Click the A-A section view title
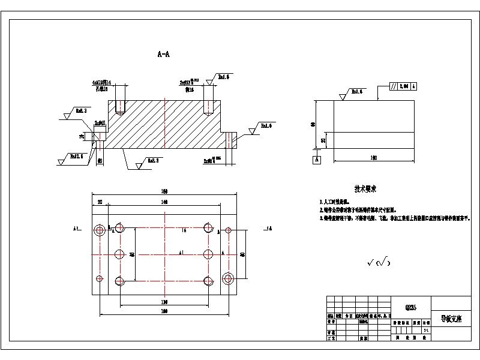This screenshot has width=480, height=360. [x=163, y=55]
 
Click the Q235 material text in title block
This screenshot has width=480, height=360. [x=411, y=308]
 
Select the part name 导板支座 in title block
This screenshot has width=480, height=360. [x=451, y=319]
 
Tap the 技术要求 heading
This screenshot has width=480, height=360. [x=365, y=189]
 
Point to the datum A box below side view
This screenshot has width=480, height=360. [x=316, y=160]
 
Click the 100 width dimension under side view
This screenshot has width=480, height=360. [x=373, y=158]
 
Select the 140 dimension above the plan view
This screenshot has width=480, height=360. [x=163, y=203]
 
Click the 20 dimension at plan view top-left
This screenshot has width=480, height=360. [x=100, y=203]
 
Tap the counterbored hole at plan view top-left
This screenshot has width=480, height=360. [x=100, y=230]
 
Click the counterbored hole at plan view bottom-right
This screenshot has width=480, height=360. [x=227, y=278]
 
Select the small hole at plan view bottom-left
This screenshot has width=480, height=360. [x=100, y=278]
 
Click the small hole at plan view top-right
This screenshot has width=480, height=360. [x=227, y=230]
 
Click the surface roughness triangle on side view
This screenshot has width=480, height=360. [x=343, y=95]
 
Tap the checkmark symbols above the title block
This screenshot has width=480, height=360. [x=379, y=262]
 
